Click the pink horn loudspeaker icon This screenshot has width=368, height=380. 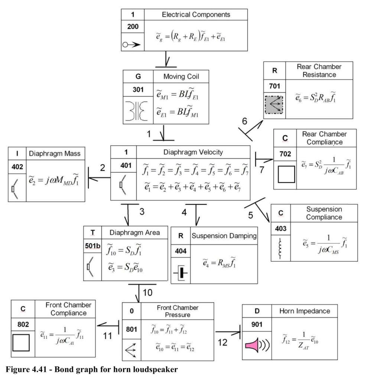click(x=257, y=345)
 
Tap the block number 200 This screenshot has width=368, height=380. click(x=133, y=26)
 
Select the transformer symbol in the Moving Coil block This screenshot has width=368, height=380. click(x=137, y=111)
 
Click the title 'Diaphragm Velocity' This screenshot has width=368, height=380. click(x=193, y=152)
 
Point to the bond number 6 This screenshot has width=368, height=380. click(x=244, y=121)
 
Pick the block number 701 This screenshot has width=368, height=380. click(x=274, y=86)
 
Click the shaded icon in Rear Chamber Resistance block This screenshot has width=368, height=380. click(x=274, y=105)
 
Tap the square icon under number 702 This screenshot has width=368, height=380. click(x=286, y=174)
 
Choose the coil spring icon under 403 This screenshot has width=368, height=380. click(x=280, y=248)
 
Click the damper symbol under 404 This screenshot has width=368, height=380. click(x=181, y=273)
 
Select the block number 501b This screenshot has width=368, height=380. click(x=92, y=246)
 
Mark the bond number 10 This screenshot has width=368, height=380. click(x=147, y=292)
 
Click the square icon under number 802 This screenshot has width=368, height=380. click(x=21, y=343)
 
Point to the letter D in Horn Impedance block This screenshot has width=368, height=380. click(x=257, y=311)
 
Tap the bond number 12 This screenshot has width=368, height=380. click(x=222, y=343)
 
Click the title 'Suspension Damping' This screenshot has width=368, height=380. click(x=224, y=236)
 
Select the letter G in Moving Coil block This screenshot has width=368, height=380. click(x=138, y=76)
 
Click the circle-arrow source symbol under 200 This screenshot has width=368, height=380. click(x=131, y=45)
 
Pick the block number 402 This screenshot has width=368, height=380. click(x=17, y=167)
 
